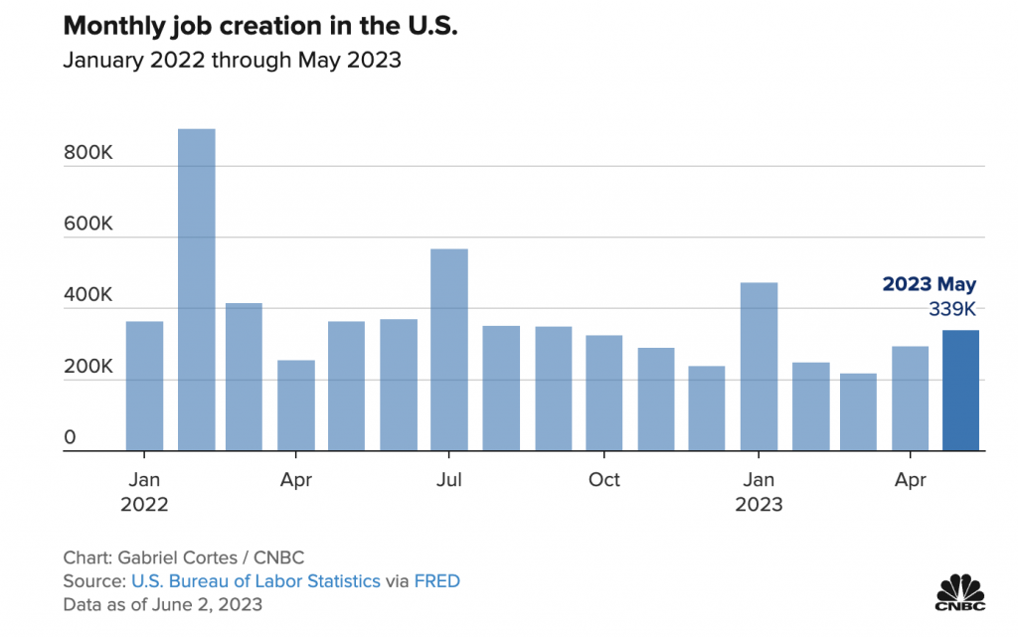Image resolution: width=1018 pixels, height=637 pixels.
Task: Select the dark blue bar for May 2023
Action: click(961, 391)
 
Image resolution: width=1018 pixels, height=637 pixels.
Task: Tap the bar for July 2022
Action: click(449, 350)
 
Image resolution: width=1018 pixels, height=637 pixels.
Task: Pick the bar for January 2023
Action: click(759, 367)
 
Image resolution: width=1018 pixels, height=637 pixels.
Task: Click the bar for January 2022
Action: click(145, 387)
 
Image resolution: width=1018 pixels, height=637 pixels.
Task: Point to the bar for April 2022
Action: click(296, 405)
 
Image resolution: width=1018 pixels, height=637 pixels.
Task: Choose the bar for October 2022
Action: click(603, 394)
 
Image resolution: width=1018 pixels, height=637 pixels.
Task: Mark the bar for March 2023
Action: click(858, 412)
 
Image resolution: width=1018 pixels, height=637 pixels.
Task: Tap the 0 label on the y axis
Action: click(70, 437)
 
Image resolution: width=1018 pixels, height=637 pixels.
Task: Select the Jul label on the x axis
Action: click(449, 480)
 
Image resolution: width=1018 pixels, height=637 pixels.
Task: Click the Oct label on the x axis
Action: click(603, 480)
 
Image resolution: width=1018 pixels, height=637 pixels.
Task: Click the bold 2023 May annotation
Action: click(930, 284)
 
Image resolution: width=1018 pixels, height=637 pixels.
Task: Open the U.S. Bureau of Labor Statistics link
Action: click(254, 581)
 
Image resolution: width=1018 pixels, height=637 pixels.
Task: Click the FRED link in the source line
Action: click(437, 581)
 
